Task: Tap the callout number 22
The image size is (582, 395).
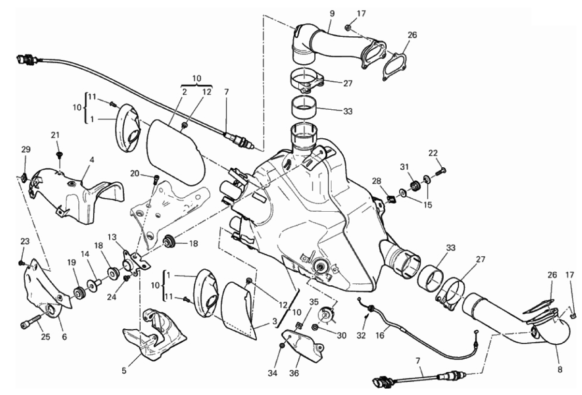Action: (432, 153)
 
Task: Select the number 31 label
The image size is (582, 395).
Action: (404, 167)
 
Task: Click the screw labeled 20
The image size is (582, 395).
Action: (156, 179)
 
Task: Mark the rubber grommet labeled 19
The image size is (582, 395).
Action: (78, 293)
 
